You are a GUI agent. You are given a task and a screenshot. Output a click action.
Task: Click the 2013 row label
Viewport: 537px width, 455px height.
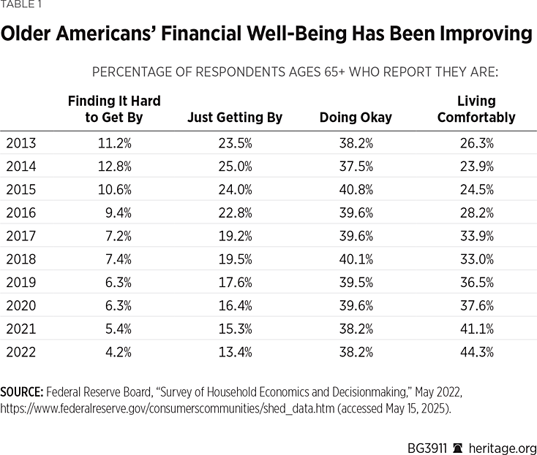pyautogui.click(x=20, y=143)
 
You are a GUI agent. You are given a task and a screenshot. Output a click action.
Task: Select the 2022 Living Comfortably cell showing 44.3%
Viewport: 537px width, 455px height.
pyautogui.click(x=476, y=352)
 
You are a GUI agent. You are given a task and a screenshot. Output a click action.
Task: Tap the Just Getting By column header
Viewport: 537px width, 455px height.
pyautogui.click(x=235, y=118)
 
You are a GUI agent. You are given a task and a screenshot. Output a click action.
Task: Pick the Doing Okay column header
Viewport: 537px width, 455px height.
pyautogui.click(x=356, y=118)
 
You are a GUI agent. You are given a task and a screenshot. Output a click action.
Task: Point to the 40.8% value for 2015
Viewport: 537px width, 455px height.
pyautogui.click(x=356, y=190)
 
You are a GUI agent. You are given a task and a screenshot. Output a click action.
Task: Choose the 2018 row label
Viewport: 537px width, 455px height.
pyautogui.click(x=20, y=259)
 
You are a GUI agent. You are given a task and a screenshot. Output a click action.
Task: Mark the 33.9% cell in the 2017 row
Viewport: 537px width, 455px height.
pyautogui.click(x=476, y=236)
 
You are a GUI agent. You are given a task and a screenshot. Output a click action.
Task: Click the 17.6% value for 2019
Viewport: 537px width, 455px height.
pyautogui.click(x=234, y=283)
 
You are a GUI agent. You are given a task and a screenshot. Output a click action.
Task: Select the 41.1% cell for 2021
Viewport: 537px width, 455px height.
pyautogui.click(x=476, y=329)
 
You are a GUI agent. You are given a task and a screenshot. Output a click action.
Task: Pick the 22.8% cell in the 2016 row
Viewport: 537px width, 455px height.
pyautogui.click(x=234, y=213)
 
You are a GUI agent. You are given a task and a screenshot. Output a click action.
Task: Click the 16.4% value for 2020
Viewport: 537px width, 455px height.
pyautogui.click(x=234, y=306)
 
